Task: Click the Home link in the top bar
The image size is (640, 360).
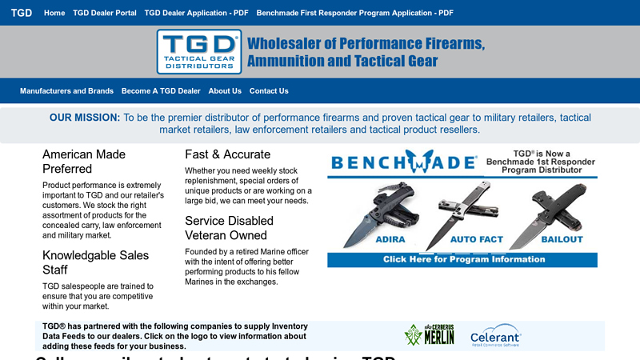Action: pos(54,14)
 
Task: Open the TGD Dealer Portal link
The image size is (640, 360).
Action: pos(105,14)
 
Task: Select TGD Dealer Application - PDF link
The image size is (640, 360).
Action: pos(196,14)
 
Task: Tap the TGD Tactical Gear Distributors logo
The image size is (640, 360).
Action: pos(198,51)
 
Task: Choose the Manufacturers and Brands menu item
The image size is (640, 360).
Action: pos(66,91)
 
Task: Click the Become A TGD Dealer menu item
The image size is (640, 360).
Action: pos(161,91)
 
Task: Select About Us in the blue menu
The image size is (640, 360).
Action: pos(225,91)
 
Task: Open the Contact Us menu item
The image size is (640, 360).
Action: pos(269,91)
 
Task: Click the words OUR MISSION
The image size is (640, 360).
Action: pos(85,118)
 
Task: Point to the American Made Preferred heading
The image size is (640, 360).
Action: pos(84,162)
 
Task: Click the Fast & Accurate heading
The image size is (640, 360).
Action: pos(227,154)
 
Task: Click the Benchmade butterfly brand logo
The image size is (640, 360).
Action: pos(404,162)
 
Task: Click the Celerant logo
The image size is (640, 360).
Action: pos(496,335)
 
